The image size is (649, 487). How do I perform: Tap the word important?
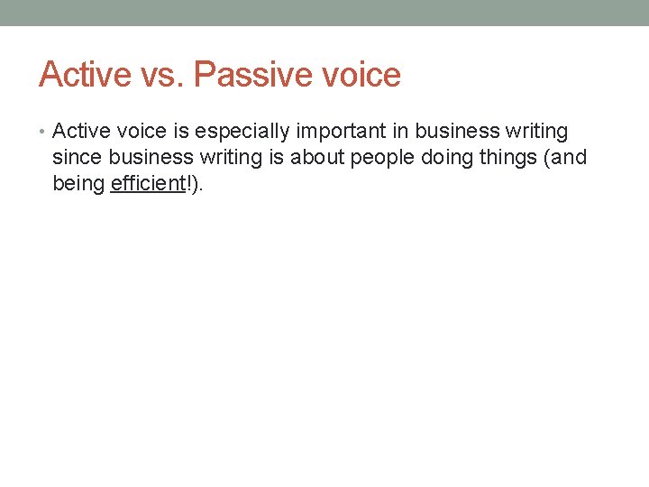335,132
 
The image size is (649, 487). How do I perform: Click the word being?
78,185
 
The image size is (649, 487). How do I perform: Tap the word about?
316,158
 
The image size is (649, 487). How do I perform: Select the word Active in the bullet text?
78,132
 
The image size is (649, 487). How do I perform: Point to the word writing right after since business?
228,158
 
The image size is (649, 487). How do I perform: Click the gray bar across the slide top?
324,13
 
